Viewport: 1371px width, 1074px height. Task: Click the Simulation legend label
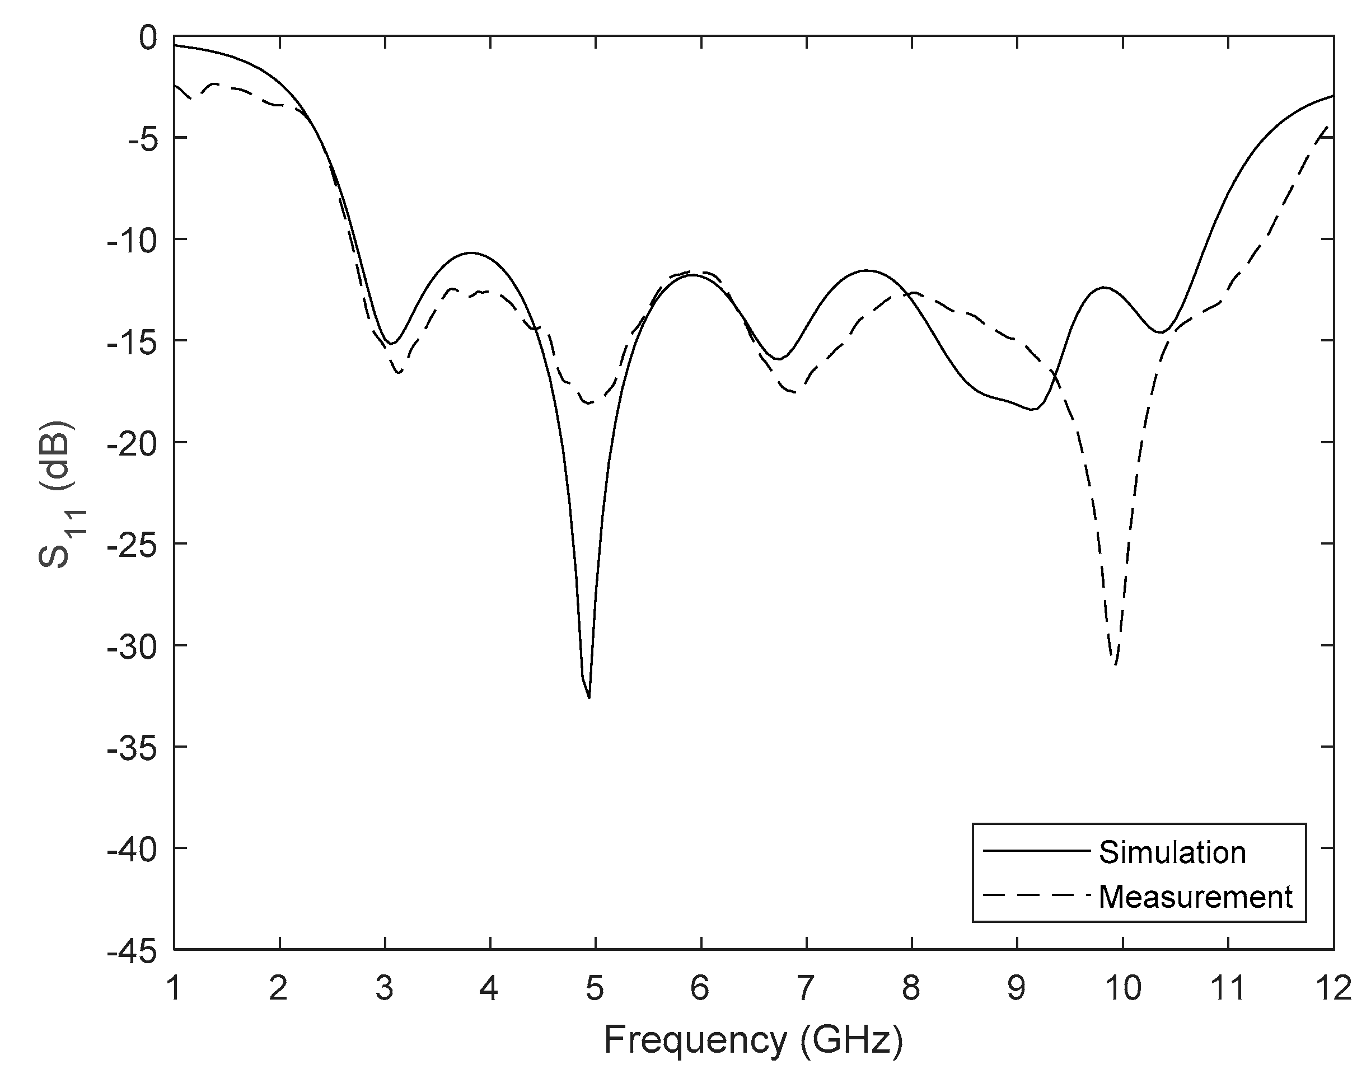coord(1172,853)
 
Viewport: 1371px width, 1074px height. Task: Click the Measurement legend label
coord(1195,897)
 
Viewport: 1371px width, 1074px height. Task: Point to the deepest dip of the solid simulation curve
coord(588,697)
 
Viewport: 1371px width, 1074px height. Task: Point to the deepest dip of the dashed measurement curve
coord(1115,664)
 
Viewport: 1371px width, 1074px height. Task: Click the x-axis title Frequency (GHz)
coord(753,1039)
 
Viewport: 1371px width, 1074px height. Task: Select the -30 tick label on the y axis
coord(132,645)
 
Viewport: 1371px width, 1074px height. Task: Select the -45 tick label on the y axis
coord(132,950)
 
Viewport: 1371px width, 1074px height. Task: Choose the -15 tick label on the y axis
coord(132,341)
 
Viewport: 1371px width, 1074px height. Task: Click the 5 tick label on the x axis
coord(595,988)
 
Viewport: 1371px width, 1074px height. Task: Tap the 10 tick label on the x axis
coord(1122,988)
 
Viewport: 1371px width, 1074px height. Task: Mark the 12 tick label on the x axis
coord(1333,988)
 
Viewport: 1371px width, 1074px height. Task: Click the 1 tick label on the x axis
coord(174,988)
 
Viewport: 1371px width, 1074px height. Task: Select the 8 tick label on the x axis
coord(911,988)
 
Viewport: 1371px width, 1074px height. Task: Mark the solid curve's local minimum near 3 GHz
coord(391,343)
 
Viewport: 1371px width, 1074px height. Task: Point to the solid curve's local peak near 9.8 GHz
coord(1105,287)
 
